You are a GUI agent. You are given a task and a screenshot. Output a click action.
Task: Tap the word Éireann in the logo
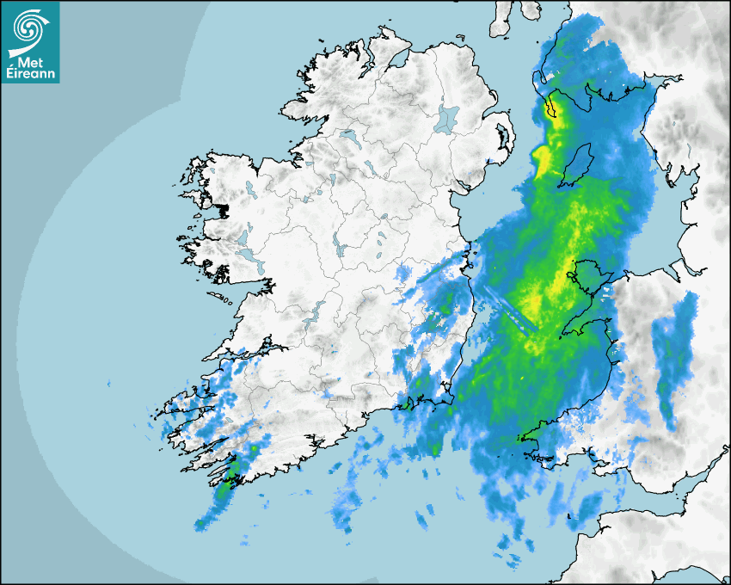point(29,75)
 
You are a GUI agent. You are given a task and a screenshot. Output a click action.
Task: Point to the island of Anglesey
point(589,278)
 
